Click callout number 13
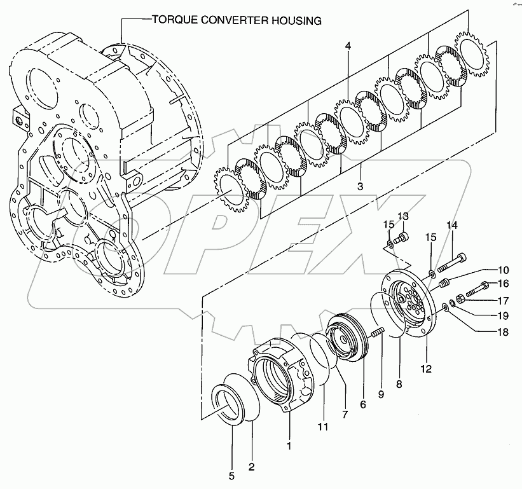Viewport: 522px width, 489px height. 402,217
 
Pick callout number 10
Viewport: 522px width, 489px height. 504,269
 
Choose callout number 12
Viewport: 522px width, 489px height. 425,368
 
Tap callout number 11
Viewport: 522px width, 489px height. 323,427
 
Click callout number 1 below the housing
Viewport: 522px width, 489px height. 289,446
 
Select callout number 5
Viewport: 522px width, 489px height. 231,475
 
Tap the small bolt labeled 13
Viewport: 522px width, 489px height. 401,238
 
